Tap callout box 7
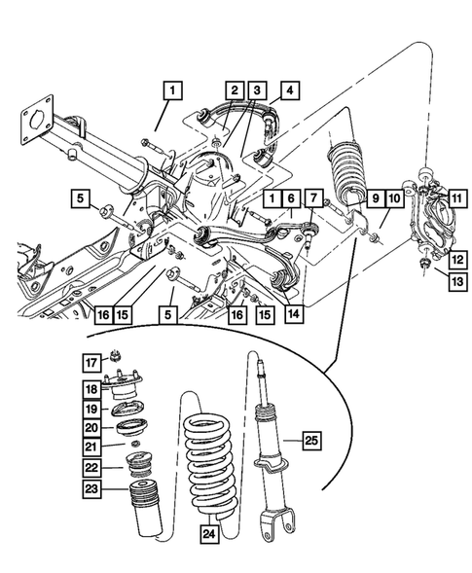[311, 198]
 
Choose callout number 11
[455, 198]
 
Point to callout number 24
[208, 534]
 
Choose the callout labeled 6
[289, 198]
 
